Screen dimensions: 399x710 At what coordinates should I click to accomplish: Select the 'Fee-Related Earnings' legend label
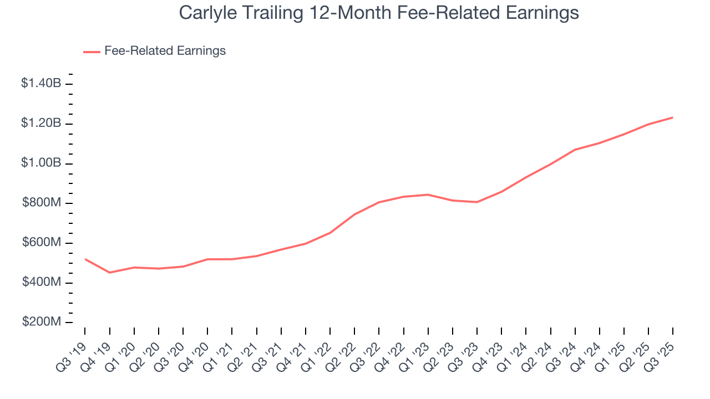tap(165, 51)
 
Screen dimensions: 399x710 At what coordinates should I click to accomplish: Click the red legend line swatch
tap(92, 52)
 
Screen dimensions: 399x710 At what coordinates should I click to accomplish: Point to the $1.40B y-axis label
tap(41, 84)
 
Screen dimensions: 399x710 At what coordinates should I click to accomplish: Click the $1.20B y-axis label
tap(41, 124)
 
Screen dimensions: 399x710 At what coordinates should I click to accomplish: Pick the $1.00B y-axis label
tap(41, 163)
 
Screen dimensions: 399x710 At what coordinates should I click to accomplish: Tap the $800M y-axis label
tap(42, 203)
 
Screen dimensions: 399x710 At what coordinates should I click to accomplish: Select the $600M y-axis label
tap(42, 243)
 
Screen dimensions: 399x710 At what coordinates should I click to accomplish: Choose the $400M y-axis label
tap(42, 283)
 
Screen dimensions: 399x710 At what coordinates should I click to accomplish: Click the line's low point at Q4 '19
tap(109, 273)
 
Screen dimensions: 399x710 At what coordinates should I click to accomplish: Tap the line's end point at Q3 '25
tap(673, 117)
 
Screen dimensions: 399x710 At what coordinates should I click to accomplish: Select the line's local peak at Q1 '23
tap(428, 195)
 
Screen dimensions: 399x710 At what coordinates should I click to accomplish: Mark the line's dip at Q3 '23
tap(477, 202)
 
